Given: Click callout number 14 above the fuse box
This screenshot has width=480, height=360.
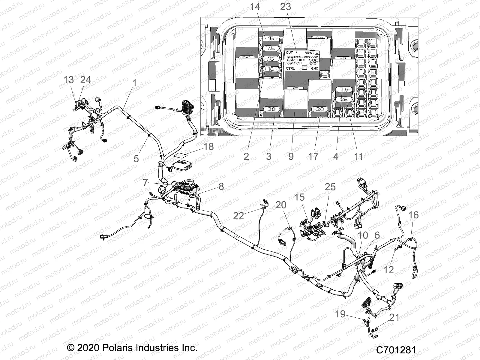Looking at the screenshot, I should coord(255,6).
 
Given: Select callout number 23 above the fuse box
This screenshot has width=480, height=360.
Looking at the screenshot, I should coord(285,6).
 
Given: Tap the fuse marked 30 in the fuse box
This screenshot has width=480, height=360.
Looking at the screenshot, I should coord(320,109).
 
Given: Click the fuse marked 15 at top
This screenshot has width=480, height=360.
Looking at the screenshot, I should coord(271,38).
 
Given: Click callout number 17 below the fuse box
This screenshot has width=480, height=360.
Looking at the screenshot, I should coord(313,156).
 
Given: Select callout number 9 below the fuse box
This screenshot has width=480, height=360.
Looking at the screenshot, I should coord(291,156).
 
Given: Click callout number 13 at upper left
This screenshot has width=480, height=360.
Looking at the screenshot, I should coord(69,80).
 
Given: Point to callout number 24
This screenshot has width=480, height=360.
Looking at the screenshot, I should coord(85,80).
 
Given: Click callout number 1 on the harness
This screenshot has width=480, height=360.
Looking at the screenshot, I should coord(134,83).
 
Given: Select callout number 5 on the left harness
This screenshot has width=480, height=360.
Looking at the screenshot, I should coord(136,158).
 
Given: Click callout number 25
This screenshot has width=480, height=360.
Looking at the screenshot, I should coord(330,187).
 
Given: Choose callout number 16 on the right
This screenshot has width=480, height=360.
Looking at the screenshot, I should coord(414,215).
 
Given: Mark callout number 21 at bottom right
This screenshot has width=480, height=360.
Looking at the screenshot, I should coord(394,317).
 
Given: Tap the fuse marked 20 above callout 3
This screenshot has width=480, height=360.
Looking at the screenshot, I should coord(271,109).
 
